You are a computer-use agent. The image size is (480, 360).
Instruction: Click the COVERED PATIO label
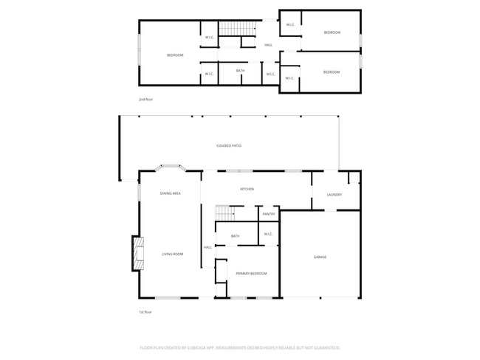228,146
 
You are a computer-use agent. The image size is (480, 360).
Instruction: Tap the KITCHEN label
247,190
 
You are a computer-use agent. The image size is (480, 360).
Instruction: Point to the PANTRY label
269,214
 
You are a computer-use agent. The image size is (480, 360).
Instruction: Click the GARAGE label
320,257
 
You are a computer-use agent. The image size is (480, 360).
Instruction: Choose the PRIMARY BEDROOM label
251,274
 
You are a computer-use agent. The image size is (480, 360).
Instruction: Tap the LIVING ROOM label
172,254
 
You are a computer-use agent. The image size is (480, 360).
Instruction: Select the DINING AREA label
171,193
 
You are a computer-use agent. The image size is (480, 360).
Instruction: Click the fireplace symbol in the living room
137,255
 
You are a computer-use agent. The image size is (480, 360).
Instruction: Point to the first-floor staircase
225,212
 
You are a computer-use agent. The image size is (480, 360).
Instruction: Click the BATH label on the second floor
240,71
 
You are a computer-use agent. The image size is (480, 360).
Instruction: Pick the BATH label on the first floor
235,236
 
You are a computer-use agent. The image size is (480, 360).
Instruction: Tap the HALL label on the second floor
268,45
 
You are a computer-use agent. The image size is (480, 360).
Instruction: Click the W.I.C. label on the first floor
268,235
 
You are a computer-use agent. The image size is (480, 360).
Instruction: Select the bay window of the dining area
169,170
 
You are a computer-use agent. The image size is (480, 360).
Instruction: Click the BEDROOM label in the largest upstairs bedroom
175,55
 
